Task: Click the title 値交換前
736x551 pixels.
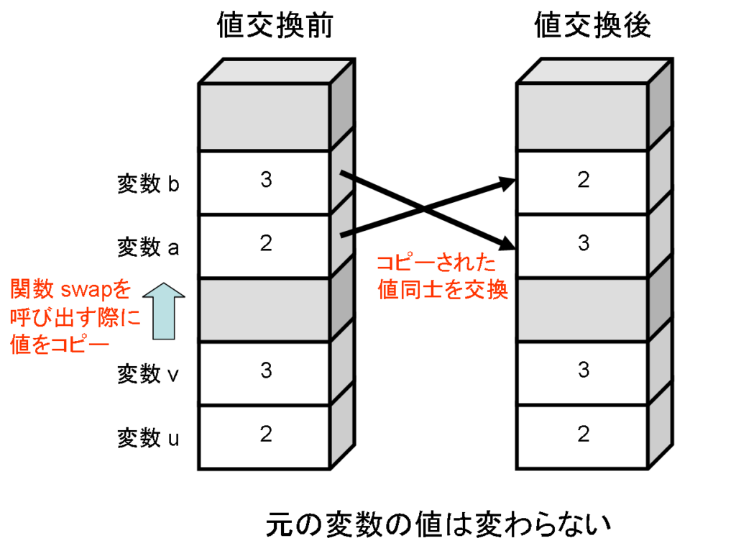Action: [275, 25]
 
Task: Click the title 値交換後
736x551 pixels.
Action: [593, 25]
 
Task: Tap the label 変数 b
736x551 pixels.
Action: [148, 183]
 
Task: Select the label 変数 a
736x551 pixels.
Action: [148, 247]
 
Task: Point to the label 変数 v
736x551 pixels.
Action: [148, 374]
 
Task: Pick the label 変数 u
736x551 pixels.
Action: [148, 438]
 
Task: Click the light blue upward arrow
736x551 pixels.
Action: [164, 311]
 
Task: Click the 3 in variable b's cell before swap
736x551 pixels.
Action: [266, 179]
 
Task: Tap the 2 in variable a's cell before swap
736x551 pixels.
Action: [266, 243]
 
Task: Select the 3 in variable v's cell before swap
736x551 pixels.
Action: [266, 370]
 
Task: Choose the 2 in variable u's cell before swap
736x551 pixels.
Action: [266, 434]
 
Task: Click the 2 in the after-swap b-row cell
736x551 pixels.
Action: [584, 179]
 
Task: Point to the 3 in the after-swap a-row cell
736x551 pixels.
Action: [584, 243]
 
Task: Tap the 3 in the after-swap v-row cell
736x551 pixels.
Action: [584, 370]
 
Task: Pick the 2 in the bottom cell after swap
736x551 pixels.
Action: [584, 434]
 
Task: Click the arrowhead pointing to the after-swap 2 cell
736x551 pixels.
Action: [507, 183]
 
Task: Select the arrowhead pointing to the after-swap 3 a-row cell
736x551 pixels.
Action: [507, 243]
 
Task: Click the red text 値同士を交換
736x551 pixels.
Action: [443, 289]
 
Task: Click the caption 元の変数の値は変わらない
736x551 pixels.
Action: [438, 524]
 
